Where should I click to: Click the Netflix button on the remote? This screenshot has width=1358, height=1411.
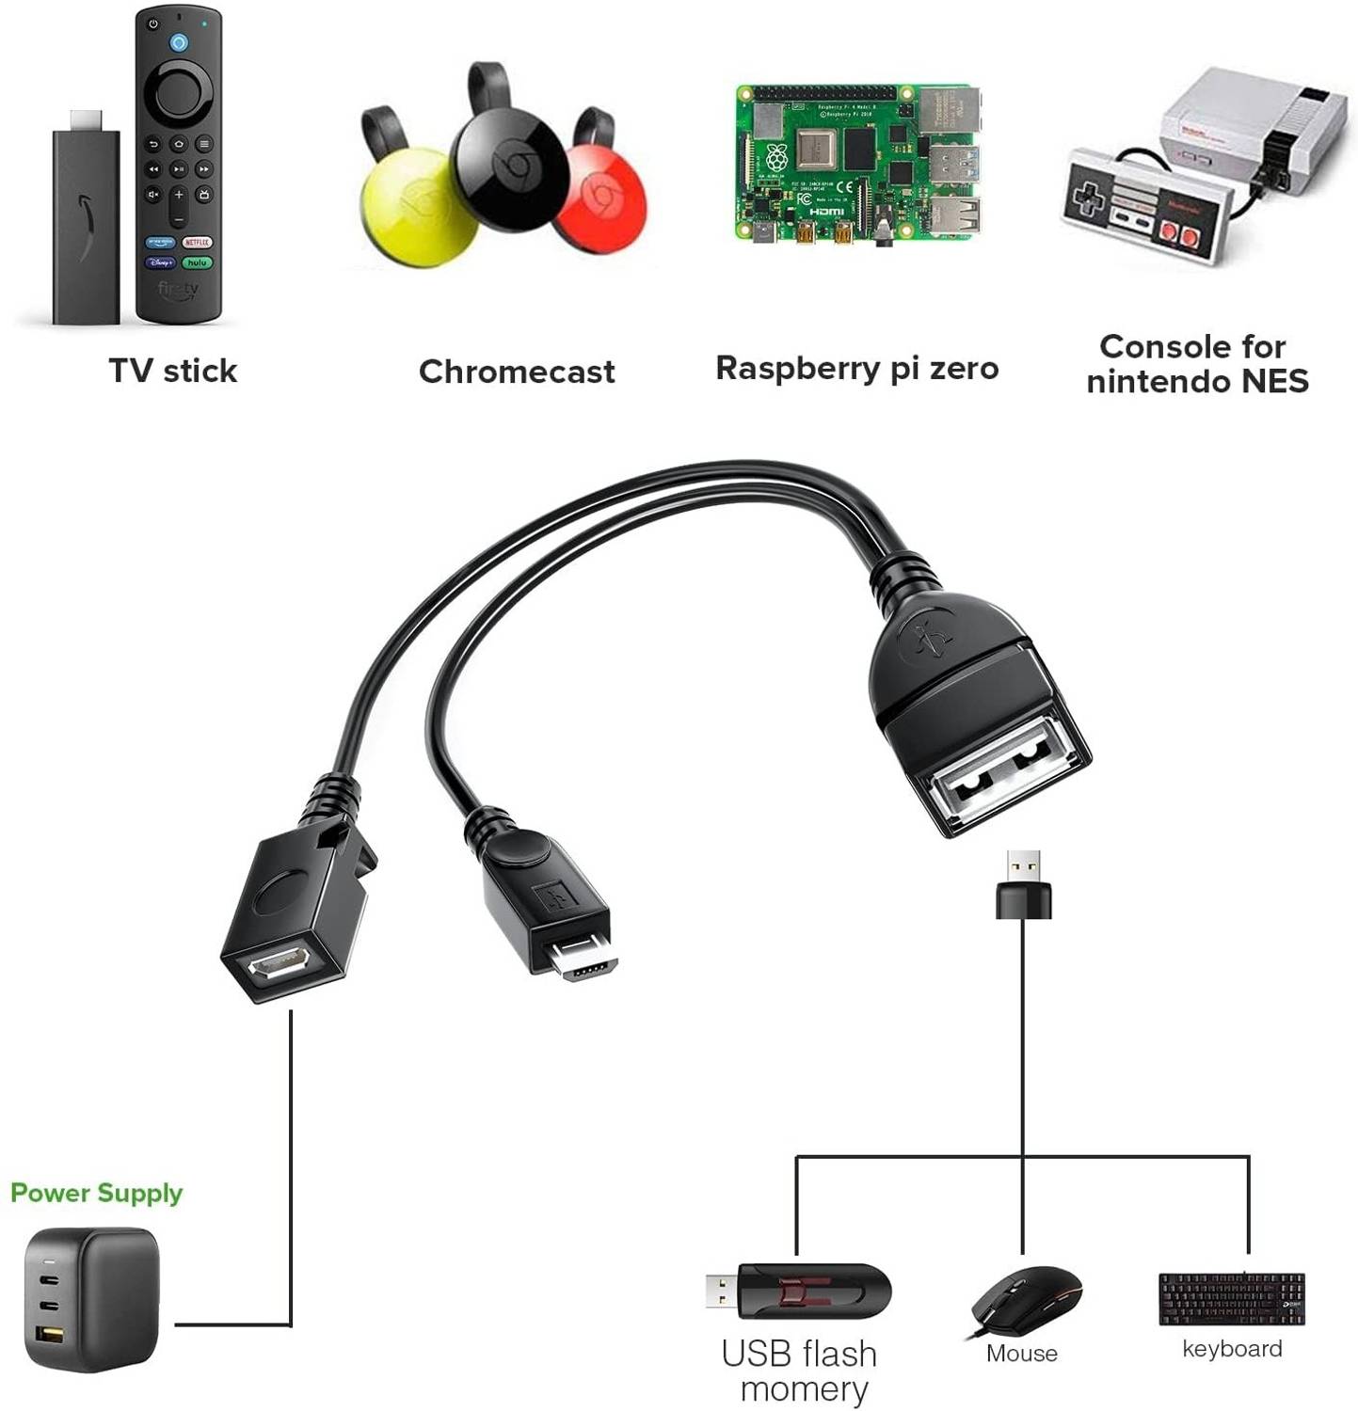click(197, 242)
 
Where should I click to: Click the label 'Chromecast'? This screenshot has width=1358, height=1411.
click(517, 372)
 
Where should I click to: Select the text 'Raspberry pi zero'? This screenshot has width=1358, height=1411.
click(857, 368)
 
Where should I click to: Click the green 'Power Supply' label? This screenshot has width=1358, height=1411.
click(96, 1193)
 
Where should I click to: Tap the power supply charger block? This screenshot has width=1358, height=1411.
click(91, 1298)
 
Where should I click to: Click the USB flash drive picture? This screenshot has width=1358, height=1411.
click(798, 1291)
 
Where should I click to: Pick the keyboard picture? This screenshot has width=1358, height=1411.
click(1232, 1299)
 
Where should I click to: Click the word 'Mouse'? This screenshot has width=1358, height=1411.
click(1022, 1354)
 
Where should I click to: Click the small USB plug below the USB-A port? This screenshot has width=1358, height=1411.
click(1024, 884)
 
